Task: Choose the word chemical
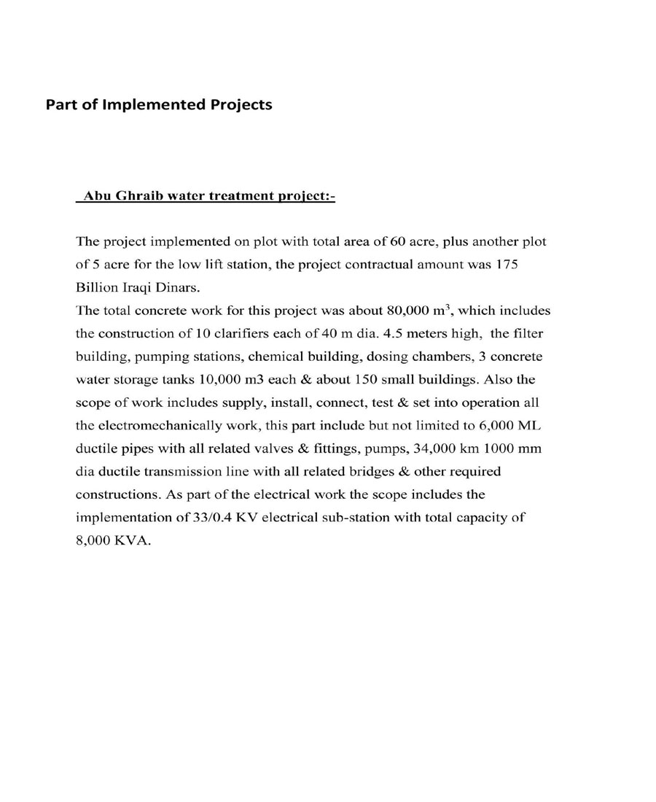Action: (273, 357)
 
